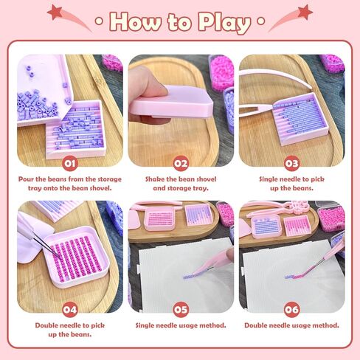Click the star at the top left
tap(55, 12)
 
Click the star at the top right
tap(305, 12)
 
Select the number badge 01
tap(70, 164)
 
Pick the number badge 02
tap(181, 164)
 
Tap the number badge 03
tap(292, 164)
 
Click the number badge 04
tap(70, 310)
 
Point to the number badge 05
tap(181, 310)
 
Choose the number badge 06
tap(292, 310)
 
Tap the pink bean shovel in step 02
tap(172, 102)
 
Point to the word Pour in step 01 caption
tap(26, 179)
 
